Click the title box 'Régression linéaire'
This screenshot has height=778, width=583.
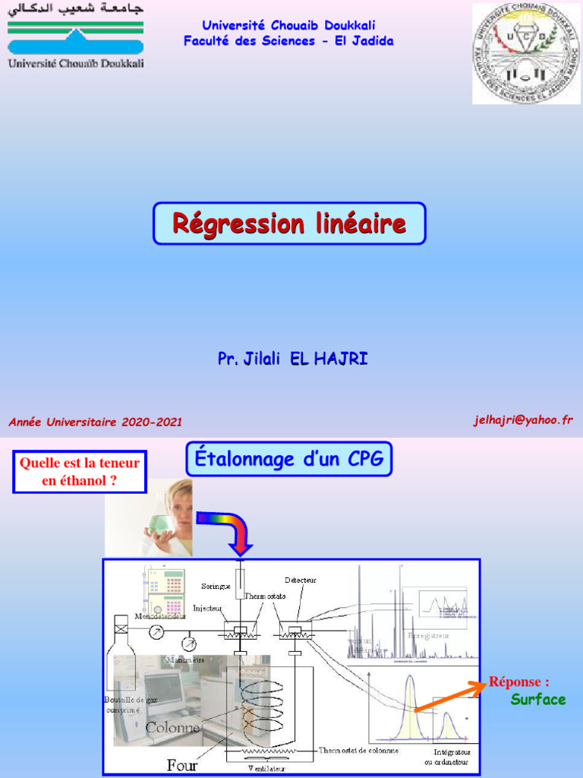289,223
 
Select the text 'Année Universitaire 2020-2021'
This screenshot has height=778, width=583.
96,422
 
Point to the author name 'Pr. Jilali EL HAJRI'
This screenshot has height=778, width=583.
292,359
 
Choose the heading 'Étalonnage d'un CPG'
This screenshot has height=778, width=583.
288,459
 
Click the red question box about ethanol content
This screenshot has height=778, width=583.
80,471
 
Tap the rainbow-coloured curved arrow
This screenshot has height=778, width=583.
228,530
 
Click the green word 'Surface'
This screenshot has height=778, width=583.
538,699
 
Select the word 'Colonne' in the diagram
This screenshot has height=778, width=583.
173,727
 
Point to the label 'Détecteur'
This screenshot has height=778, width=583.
301,580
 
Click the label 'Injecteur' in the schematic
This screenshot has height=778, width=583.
207,608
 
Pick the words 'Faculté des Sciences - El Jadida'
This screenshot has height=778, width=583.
288,41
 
